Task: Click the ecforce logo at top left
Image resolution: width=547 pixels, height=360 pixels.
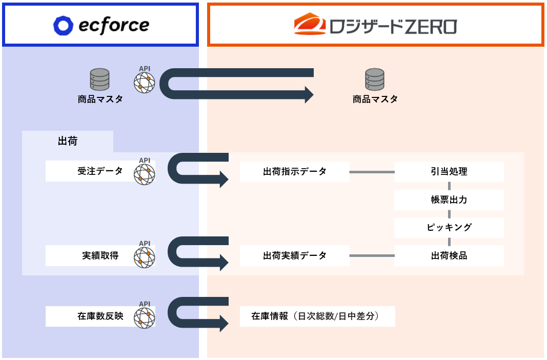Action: (101, 25)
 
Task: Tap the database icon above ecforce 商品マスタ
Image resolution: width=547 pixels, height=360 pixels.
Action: (100, 79)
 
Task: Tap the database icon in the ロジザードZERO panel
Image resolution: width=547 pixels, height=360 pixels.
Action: (375, 79)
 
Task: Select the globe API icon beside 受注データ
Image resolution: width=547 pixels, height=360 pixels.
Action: (144, 174)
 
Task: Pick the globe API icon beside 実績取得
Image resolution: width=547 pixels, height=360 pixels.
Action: (144, 257)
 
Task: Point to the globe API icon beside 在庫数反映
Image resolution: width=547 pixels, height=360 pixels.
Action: (144, 318)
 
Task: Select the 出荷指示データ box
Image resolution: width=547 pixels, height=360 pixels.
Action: (294, 171)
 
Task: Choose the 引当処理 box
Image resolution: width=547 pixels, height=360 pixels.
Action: (449, 171)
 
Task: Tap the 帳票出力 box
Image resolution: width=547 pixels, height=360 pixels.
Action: (449, 199)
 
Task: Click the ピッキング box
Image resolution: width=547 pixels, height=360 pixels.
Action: (449, 227)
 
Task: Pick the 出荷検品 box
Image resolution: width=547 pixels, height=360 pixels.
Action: (449, 255)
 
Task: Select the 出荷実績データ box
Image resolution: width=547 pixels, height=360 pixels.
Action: (294, 255)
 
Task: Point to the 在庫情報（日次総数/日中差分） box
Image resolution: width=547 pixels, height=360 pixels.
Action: (317, 316)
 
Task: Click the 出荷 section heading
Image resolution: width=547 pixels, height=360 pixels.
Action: (68, 141)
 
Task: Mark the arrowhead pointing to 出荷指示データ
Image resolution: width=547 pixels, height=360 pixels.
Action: (224, 179)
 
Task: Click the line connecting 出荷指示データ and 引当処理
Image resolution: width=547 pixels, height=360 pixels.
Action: (372, 172)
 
